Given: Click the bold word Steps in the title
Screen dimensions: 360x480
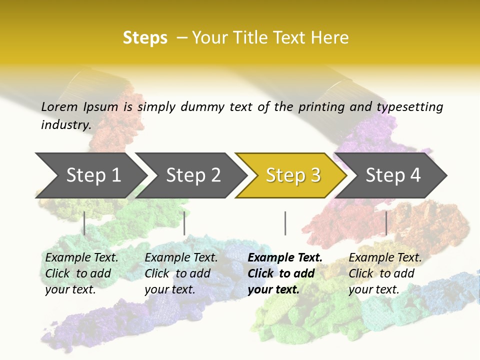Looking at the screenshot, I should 145,38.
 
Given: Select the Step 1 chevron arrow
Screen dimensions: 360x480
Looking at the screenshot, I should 92,175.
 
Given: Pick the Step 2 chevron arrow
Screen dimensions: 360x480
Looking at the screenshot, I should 192,175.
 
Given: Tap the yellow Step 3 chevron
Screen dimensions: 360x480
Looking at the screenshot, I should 292,175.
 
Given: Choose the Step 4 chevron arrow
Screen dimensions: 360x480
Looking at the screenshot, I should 392,175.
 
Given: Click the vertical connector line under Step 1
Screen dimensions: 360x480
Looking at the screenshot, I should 84,223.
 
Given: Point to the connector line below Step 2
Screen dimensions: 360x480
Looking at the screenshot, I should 184,223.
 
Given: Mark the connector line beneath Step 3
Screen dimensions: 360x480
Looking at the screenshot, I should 285,223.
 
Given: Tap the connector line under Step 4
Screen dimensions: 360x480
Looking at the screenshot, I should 386,223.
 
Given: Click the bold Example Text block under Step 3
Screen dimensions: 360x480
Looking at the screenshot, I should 285,273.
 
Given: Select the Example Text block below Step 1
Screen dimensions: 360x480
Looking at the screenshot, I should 81,273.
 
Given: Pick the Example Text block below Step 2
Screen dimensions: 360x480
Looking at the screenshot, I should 181,273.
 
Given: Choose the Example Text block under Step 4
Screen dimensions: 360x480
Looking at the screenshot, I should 385,273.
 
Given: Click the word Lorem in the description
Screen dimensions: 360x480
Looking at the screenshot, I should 59,107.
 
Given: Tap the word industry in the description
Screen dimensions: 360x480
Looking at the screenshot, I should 66,124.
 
